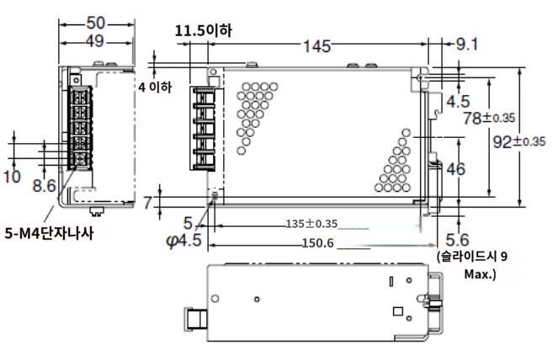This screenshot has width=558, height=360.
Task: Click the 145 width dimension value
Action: coord(316,46)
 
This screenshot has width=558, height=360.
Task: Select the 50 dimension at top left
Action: coord(96,23)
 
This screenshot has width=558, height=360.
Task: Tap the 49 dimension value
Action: coord(95,41)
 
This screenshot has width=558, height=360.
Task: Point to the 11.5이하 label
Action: coord(203,31)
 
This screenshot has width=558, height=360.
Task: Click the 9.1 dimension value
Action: coord(466,45)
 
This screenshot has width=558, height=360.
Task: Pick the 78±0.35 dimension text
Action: coord(489,118)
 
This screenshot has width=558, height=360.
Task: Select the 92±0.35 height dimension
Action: coord(518,141)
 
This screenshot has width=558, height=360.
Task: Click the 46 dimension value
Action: coord(455,169)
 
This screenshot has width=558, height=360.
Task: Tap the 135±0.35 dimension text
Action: coord(311,224)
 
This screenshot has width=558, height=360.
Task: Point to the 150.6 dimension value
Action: coord(318,243)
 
